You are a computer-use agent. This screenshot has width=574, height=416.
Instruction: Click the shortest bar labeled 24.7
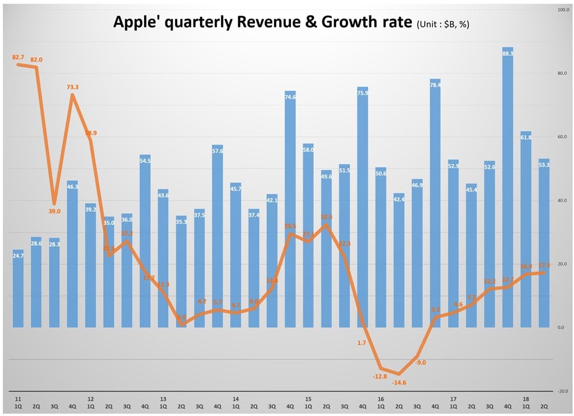(x=18, y=288)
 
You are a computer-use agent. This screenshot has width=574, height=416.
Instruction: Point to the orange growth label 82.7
(x=18, y=57)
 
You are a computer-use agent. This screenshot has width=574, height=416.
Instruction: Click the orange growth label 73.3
(x=72, y=87)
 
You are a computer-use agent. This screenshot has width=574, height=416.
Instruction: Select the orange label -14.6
(x=399, y=382)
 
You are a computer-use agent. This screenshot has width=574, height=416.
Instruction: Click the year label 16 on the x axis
(x=381, y=399)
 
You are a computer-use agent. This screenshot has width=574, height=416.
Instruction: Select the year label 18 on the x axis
(x=526, y=399)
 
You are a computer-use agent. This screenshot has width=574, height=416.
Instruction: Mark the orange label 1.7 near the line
(x=362, y=343)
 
